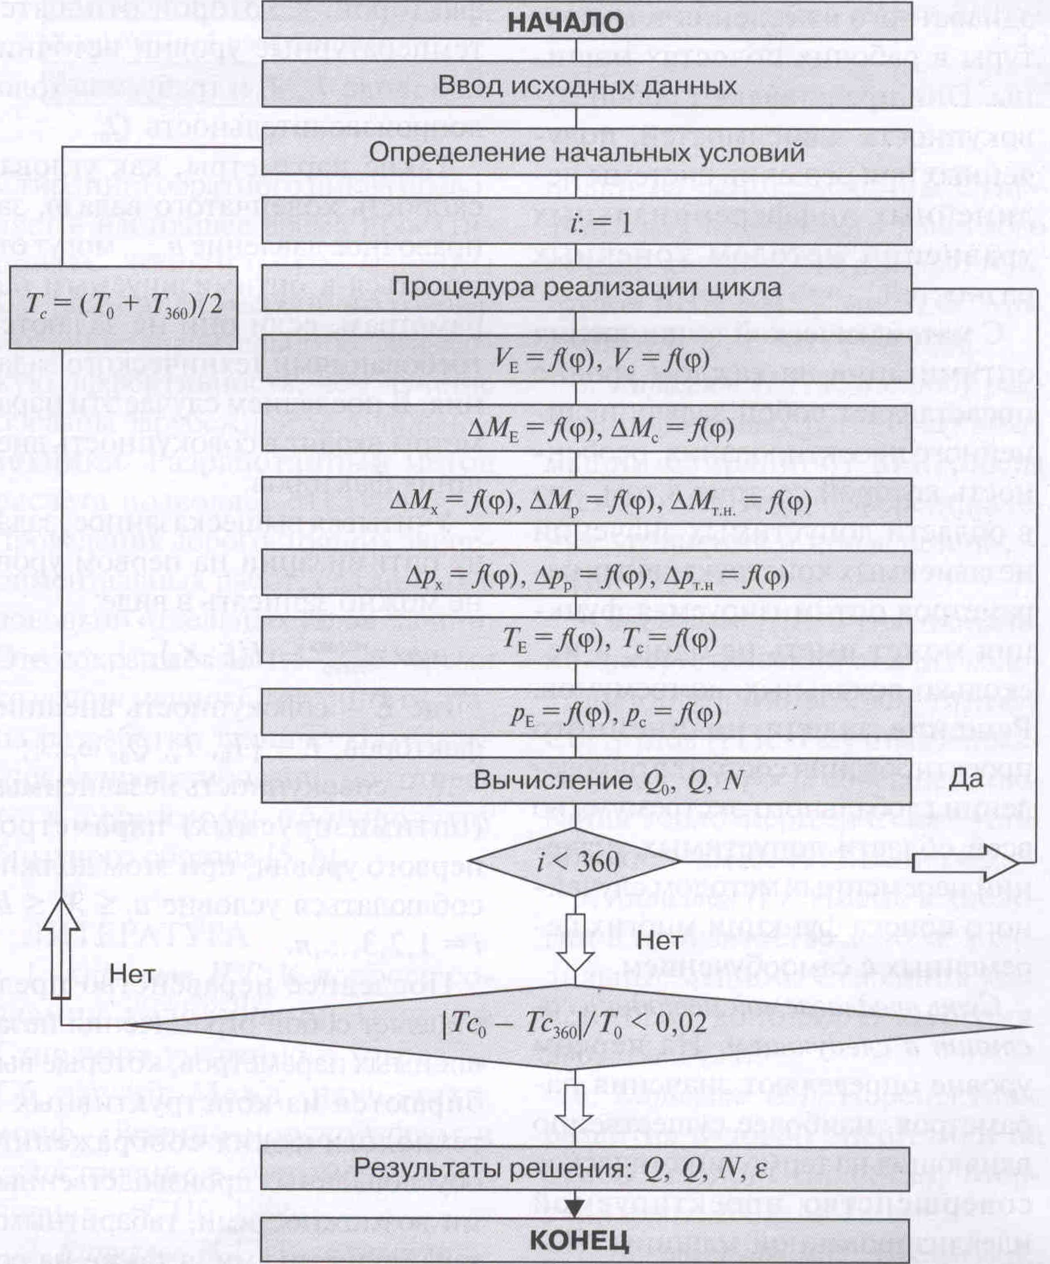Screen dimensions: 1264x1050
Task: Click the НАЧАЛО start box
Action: [587, 23]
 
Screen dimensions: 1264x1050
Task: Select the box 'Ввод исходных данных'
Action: [587, 86]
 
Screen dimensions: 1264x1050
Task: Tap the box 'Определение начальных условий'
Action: [587, 153]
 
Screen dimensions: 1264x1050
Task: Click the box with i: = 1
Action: [587, 223]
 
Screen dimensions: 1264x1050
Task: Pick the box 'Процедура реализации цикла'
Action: [587, 288]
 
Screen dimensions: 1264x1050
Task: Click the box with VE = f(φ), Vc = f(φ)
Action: [587, 359]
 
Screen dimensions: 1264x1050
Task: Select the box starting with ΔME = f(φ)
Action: [587, 428]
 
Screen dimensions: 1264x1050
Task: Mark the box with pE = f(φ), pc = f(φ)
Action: [587, 713]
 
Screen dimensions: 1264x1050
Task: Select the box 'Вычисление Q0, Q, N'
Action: [587, 781]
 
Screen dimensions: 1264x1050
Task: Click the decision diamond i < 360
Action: [576, 861]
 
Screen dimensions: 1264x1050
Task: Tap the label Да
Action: [966, 779]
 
